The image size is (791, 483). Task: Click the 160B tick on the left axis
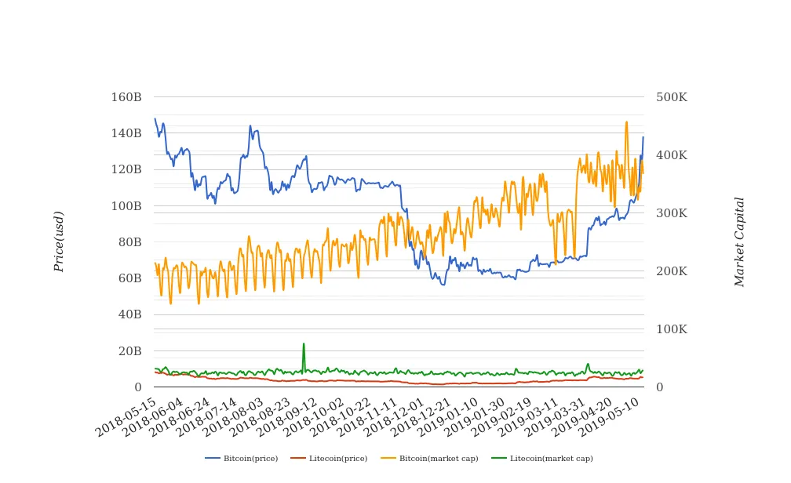click(126, 98)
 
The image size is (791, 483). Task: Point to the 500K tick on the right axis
click(672, 98)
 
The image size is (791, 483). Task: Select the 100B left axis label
click(126, 206)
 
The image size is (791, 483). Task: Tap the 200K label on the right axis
click(672, 271)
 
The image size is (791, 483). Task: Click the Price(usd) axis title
click(59, 241)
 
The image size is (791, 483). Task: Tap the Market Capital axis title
click(739, 241)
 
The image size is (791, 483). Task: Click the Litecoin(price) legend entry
click(337, 459)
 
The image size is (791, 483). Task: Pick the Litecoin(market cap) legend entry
click(551, 459)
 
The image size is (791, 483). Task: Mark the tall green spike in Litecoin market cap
click(304, 344)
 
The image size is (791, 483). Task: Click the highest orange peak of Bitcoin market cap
click(626, 122)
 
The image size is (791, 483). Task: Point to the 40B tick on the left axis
click(129, 314)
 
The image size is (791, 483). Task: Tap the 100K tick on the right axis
click(672, 329)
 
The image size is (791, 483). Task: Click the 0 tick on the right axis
click(660, 387)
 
